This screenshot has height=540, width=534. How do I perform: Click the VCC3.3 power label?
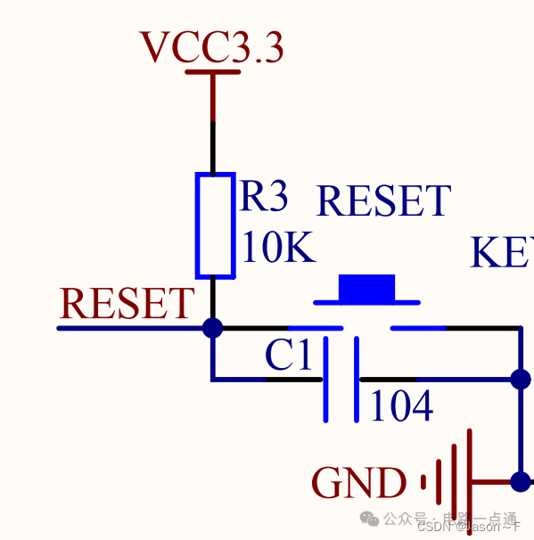coord(212,48)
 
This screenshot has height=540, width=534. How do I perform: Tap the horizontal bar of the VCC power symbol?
coord(212,71)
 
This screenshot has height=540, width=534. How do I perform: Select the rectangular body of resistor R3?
coord(215,225)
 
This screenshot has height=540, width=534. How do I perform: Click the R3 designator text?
coord(264,198)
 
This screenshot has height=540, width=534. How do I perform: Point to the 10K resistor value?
coord(277,250)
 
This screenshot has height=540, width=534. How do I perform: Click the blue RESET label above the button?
coord(383,202)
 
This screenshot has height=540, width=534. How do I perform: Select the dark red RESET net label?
coord(127,305)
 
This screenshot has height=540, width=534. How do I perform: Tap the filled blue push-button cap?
coord(366,288)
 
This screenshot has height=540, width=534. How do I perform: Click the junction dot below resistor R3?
coord(212,328)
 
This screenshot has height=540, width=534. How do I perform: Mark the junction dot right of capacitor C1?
coord(521,380)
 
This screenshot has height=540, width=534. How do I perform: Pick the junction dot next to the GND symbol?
coord(521,482)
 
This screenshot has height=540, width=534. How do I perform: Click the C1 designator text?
coord(288,357)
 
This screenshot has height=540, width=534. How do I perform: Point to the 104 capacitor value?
coord(401,407)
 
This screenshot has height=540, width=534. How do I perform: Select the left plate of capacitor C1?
coord(324,380)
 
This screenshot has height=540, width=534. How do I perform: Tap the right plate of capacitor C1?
coord(357,380)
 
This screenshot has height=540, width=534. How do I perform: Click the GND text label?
coord(358,484)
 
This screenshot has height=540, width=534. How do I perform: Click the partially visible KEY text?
coord(502,253)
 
